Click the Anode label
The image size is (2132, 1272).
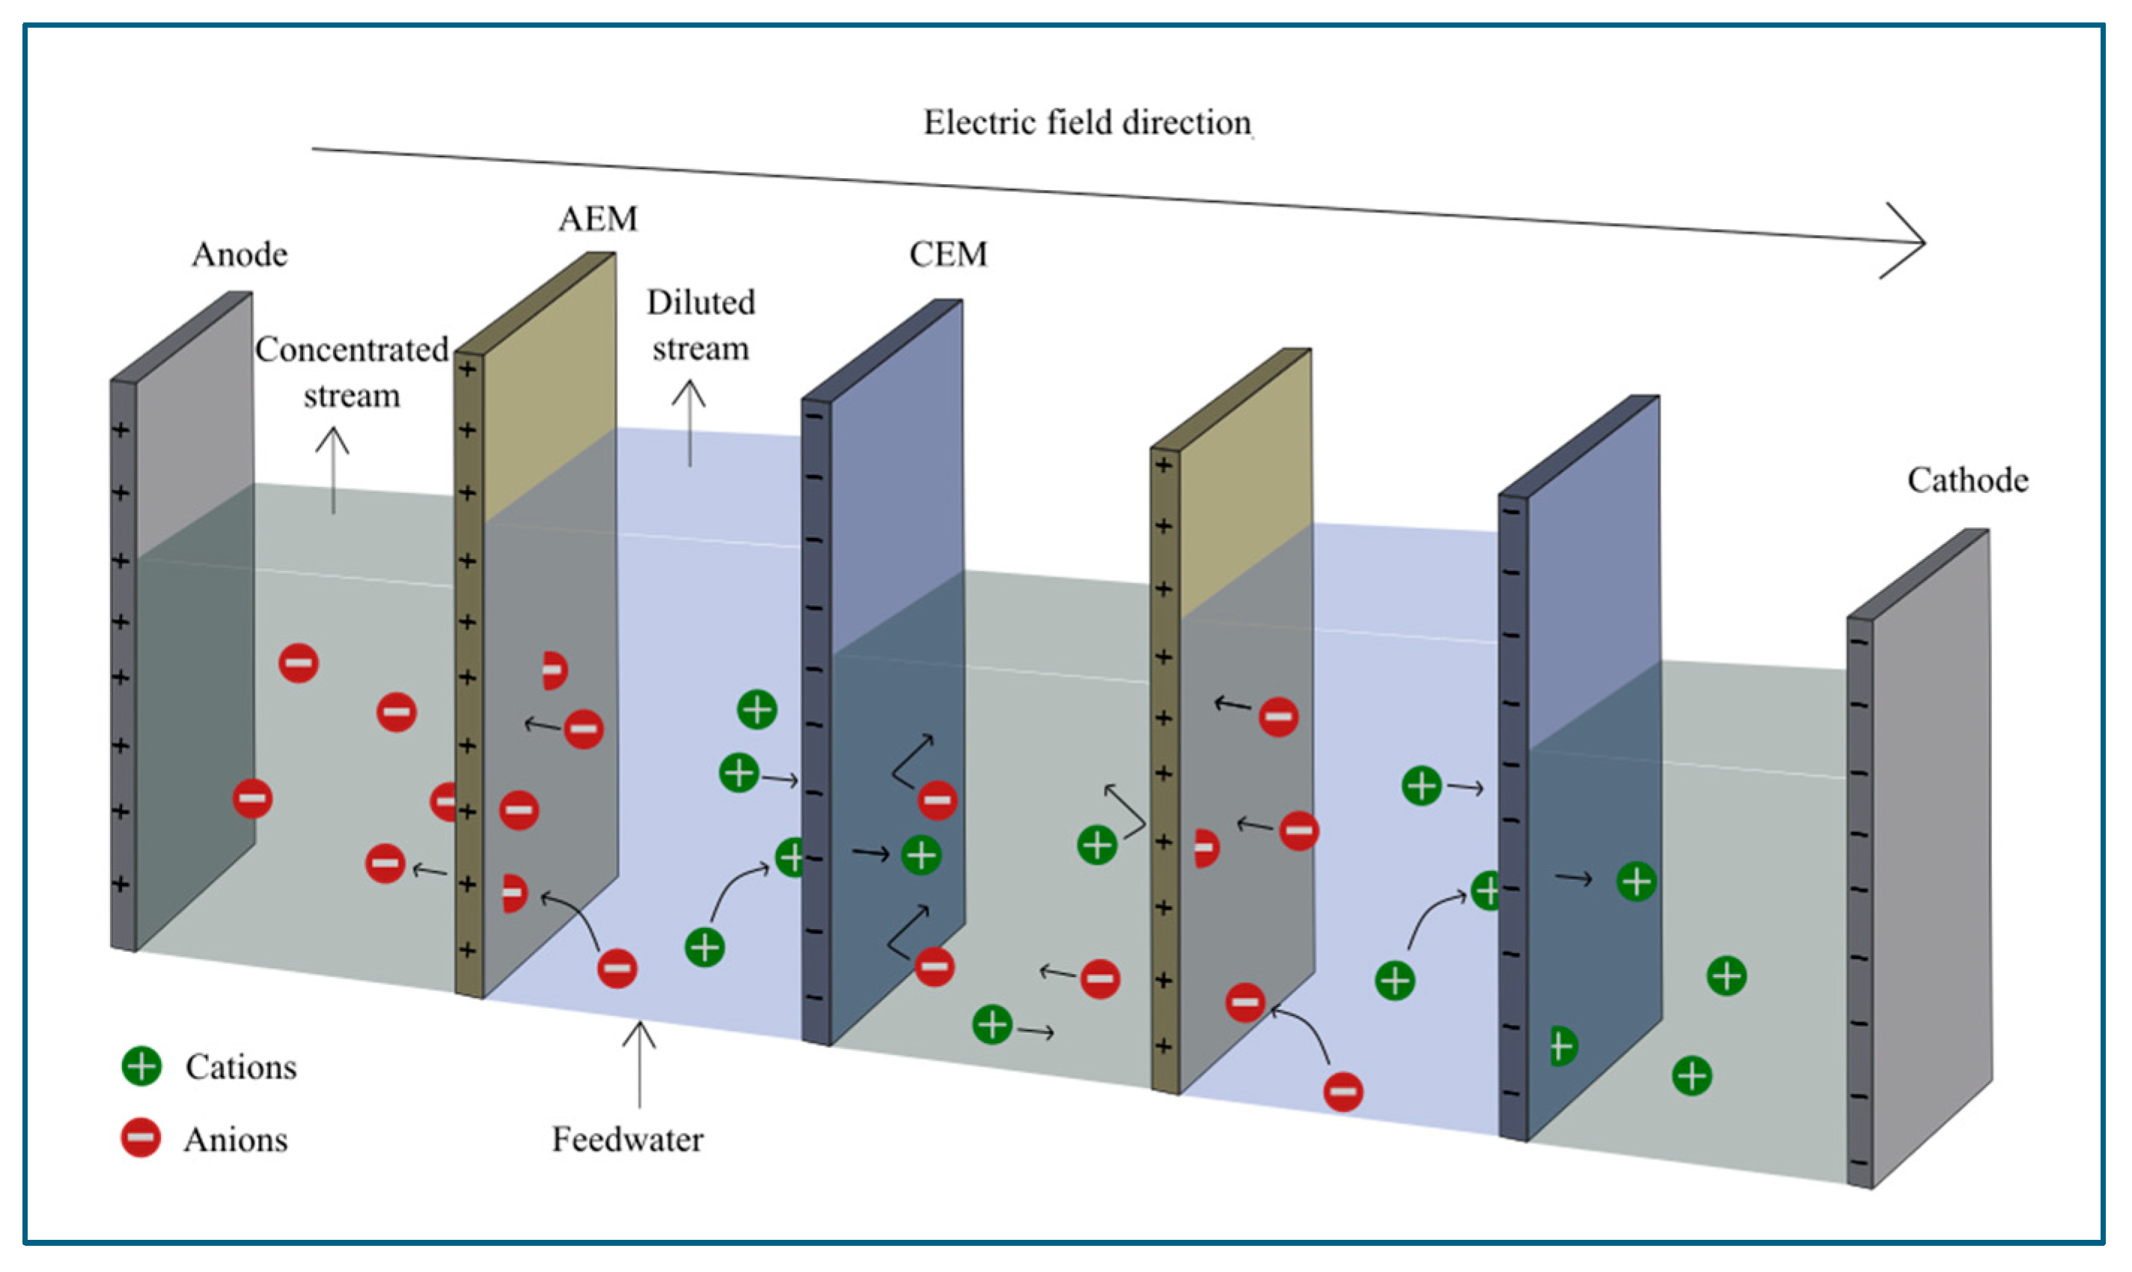(239, 254)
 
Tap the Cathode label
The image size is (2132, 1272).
(1967, 481)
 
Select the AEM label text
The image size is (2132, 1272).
(597, 219)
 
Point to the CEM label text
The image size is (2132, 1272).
(947, 254)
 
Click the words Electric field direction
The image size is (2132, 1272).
(1086, 123)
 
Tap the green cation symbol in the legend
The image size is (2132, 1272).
(141, 1066)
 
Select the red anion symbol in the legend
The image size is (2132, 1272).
(141, 1138)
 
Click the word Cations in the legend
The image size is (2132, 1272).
(241, 1068)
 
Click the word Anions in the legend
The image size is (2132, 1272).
(236, 1140)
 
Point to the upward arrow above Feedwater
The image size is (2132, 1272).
(638, 1062)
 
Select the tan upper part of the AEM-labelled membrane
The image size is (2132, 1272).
(549, 385)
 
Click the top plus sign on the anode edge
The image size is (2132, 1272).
(122, 429)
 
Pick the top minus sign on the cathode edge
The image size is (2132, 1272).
(1859, 643)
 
